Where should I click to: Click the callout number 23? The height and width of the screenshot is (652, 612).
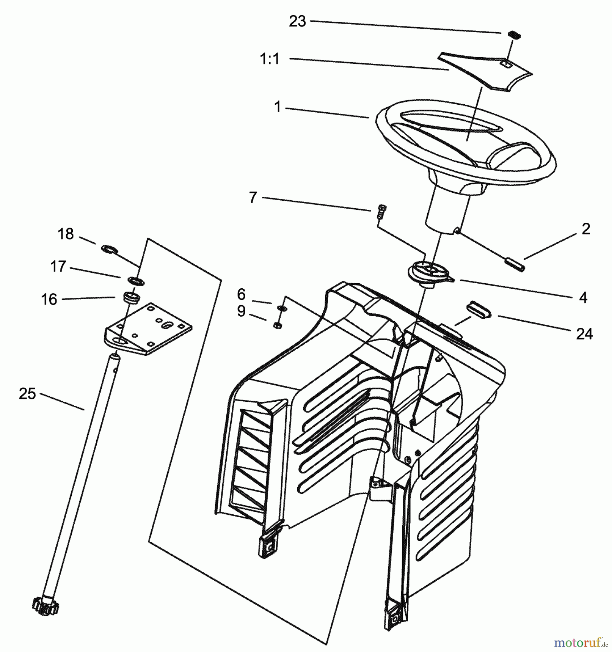(297, 21)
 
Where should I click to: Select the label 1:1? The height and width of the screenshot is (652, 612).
(270, 59)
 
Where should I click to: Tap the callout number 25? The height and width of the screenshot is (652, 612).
(28, 394)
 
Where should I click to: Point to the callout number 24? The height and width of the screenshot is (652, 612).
(584, 334)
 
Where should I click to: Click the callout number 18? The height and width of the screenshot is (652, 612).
(66, 234)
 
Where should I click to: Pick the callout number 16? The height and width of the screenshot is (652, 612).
(49, 300)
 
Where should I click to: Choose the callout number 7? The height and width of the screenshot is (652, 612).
(253, 198)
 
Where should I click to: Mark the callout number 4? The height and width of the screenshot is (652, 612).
(583, 297)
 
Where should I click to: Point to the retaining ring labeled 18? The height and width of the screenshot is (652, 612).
(109, 249)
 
